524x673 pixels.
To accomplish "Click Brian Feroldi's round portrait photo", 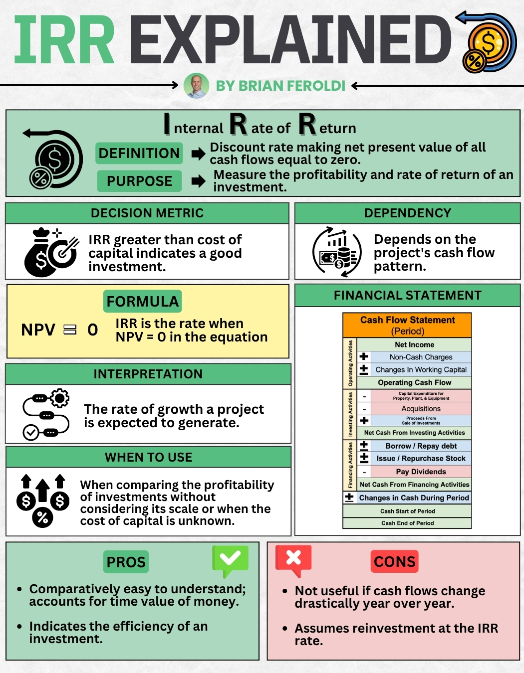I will [x=196, y=86].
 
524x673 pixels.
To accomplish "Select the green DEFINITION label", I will [x=139, y=153].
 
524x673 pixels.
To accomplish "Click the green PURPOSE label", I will [x=139, y=181].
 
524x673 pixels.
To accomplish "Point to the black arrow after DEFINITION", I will [x=198, y=154].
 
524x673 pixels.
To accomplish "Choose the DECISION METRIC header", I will [x=147, y=213].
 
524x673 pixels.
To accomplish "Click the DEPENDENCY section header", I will [x=407, y=213].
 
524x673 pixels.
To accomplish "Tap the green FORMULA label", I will [x=143, y=302].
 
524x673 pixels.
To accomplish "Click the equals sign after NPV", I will [x=70, y=330].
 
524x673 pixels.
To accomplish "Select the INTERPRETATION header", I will [x=148, y=374].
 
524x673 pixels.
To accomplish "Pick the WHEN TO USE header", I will [x=148, y=457].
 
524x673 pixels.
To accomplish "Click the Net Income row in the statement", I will [x=414, y=344].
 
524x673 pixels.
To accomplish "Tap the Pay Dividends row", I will [x=421, y=472].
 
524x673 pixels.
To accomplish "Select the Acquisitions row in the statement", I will [x=421, y=409].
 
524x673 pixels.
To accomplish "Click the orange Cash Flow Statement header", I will [x=407, y=325].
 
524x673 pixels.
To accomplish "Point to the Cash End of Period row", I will [x=407, y=523].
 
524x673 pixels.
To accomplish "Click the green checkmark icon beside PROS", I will [x=230, y=560].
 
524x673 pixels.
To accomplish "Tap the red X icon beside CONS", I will [x=293, y=559].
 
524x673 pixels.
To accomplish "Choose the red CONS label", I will [x=394, y=562].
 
